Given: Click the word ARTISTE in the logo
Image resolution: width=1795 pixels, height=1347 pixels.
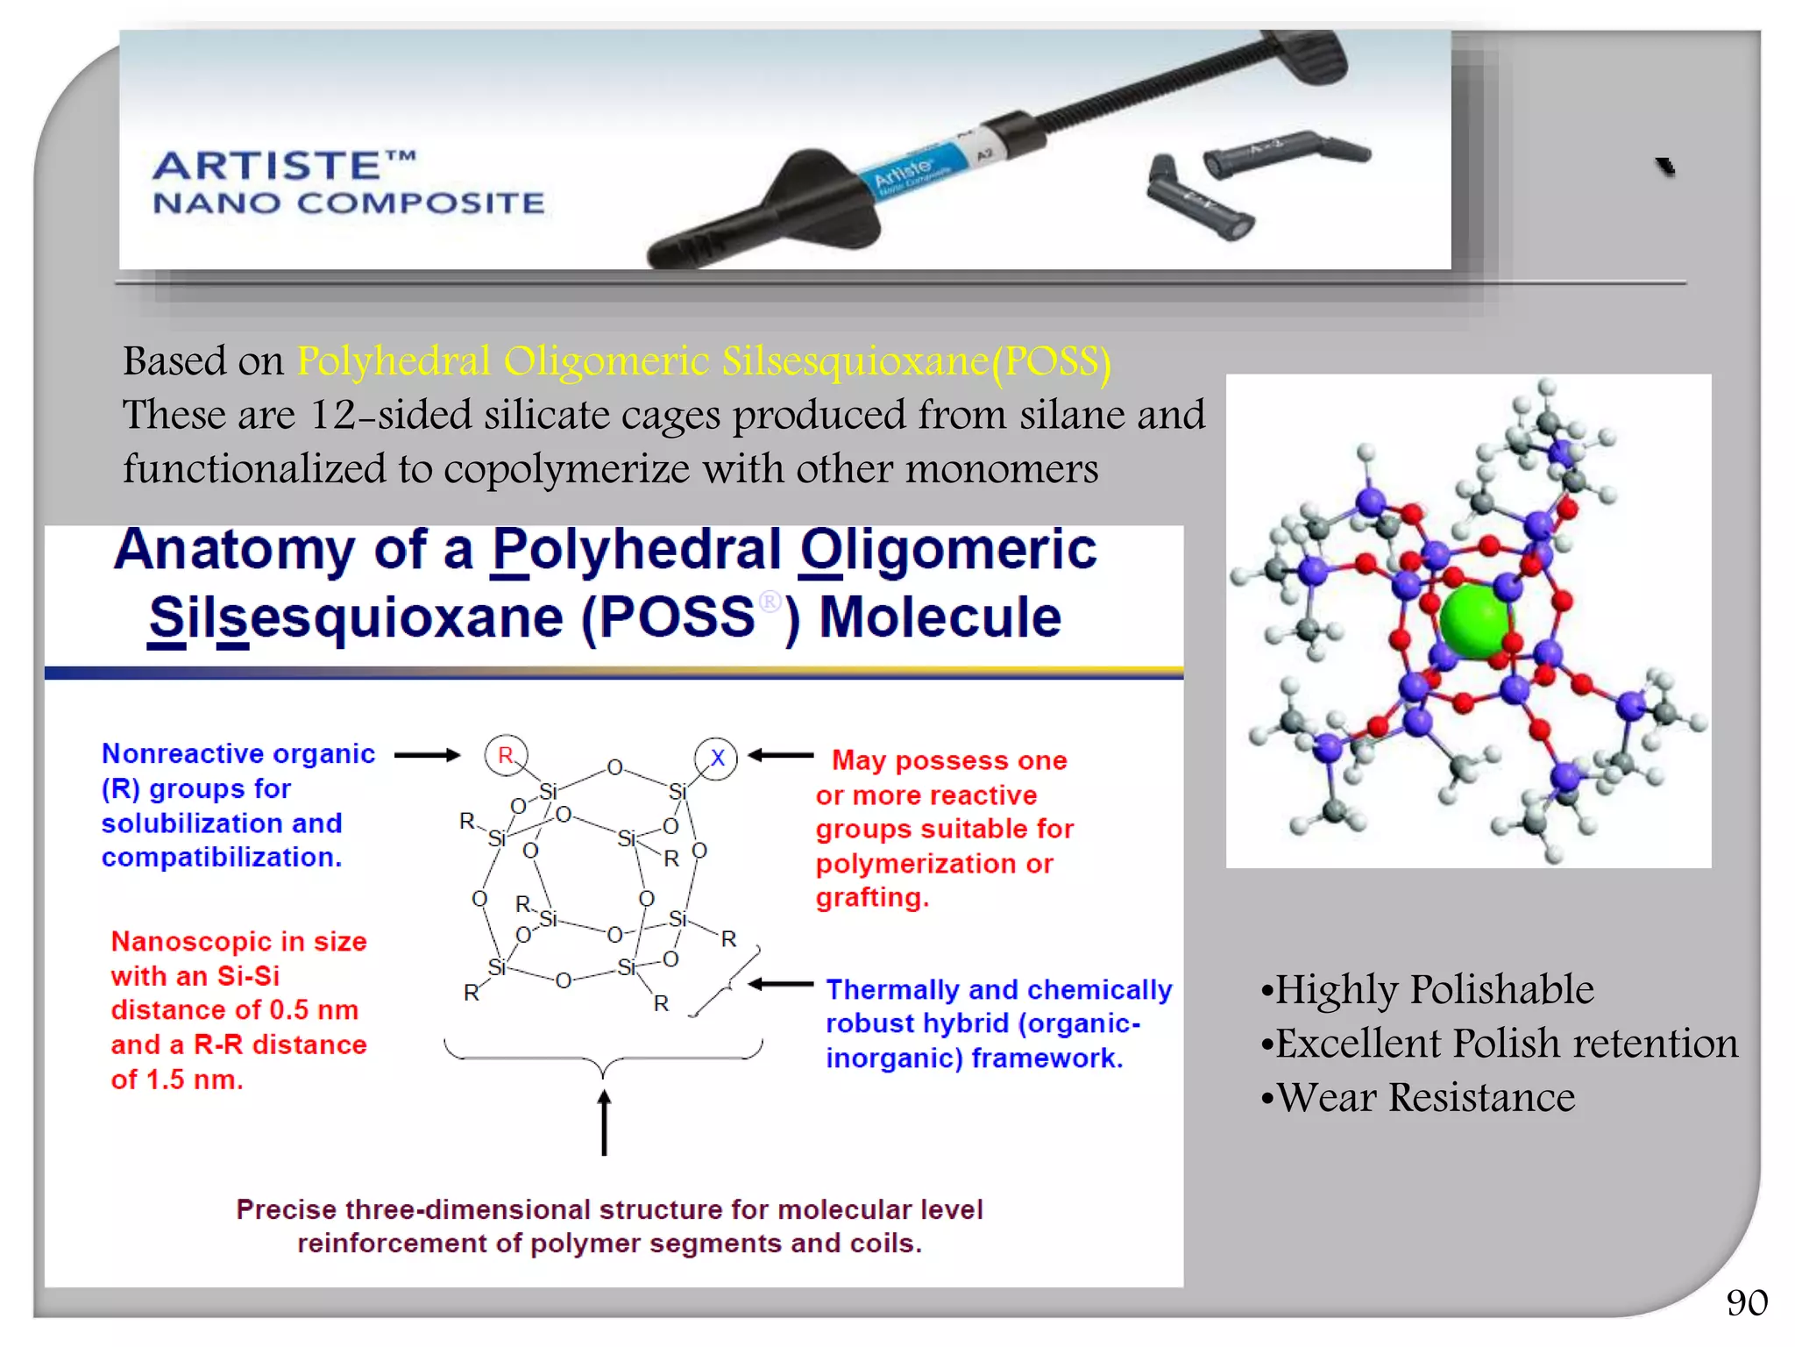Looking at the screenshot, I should (x=267, y=166).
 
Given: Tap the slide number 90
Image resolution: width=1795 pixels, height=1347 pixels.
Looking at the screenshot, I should (x=1746, y=1302).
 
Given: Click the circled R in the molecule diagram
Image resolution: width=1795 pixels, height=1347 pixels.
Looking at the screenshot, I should (x=506, y=755).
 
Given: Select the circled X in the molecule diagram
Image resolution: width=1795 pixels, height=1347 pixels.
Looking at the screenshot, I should (x=716, y=758).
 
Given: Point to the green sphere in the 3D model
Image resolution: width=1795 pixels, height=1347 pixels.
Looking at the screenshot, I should (x=1476, y=622).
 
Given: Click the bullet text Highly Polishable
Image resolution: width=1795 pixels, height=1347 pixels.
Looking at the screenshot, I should (x=1434, y=989).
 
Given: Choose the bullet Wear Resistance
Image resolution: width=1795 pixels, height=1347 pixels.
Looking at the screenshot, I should (x=1425, y=1097).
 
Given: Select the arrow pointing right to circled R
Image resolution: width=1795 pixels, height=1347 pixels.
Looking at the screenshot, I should (x=427, y=755).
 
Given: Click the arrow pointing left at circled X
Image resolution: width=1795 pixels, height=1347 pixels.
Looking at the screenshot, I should (x=781, y=755).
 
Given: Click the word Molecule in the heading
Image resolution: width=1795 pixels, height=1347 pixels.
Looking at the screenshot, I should (x=940, y=617).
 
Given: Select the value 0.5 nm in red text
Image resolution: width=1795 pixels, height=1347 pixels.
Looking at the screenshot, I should (x=314, y=1010).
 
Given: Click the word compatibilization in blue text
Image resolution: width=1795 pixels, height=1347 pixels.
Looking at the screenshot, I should (x=221, y=858).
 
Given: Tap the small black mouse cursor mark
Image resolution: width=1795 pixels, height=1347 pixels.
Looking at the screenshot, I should (x=1665, y=167).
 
